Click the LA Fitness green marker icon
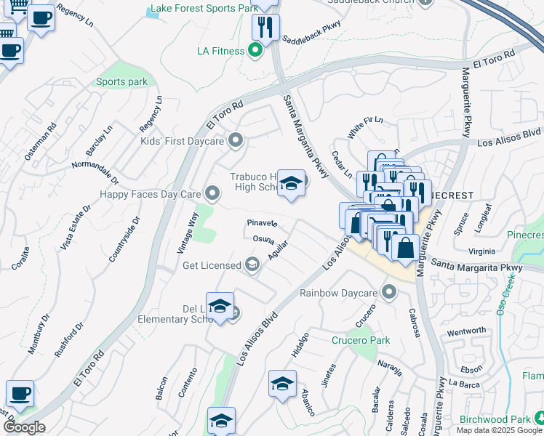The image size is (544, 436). (x=255, y=51)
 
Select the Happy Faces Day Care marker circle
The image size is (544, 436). (x=212, y=193)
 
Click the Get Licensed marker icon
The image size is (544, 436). (x=252, y=265)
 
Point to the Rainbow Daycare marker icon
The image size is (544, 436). (x=389, y=293)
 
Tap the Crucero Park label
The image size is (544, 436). (x=361, y=340)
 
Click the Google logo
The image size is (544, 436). (x=24, y=427)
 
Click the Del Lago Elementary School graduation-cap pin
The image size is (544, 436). (x=220, y=307)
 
